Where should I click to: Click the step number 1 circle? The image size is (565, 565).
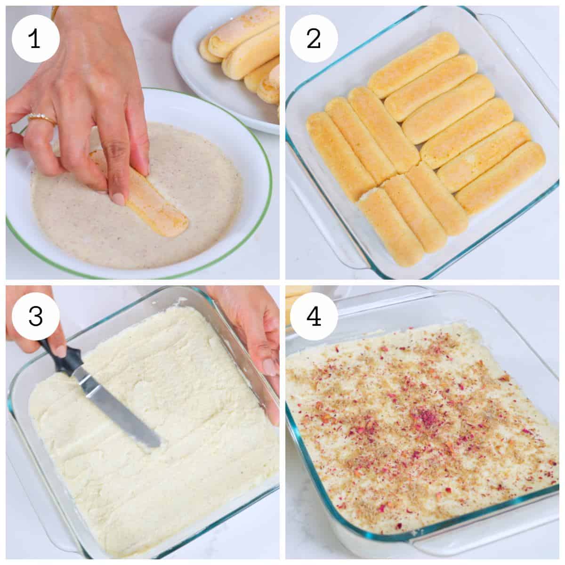coord(35,39)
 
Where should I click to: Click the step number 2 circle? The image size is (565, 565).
coord(314,39)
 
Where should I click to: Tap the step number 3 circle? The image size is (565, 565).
coord(35,316)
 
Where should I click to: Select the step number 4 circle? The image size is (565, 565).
coord(314,316)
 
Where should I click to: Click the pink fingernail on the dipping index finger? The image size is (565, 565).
coord(118,197)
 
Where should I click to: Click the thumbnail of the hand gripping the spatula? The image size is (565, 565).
coord(60,350)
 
